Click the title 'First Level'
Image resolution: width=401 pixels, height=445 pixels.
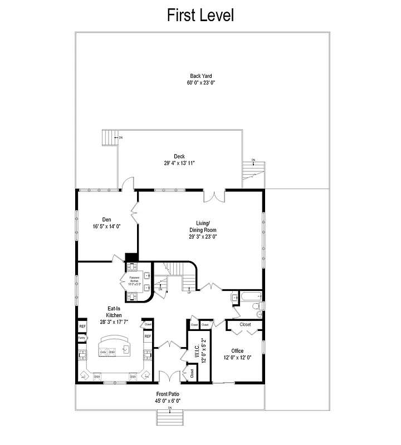click(200, 16)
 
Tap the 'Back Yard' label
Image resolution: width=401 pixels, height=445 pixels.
click(200, 76)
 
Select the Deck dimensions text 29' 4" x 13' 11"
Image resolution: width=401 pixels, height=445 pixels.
click(179, 163)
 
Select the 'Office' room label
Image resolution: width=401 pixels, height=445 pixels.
click(237, 351)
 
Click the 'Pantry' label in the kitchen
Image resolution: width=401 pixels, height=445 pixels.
click(81, 337)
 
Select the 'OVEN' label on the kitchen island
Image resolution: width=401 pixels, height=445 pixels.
click(103, 352)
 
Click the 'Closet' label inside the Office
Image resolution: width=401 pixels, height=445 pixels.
click(245, 324)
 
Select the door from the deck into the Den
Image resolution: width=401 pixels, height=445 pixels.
click(128, 184)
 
